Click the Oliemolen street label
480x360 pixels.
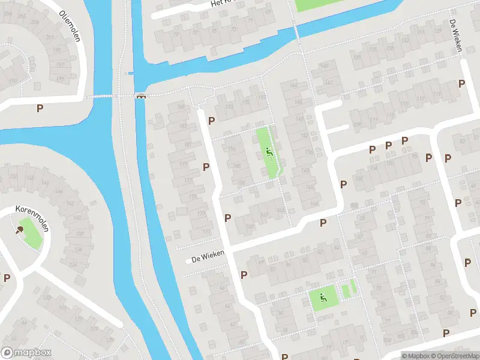(x=71, y=25)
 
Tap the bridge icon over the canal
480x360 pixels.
(x=142, y=96)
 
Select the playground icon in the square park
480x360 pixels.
(x=323, y=296)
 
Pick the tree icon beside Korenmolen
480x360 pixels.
(x=21, y=229)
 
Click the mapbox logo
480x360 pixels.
(x=26, y=353)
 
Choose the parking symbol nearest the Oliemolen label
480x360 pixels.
(x=40, y=108)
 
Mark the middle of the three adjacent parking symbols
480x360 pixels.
(x=388, y=145)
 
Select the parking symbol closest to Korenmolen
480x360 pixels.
(x=7, y=277)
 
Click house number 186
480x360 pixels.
(x=238, y=166)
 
